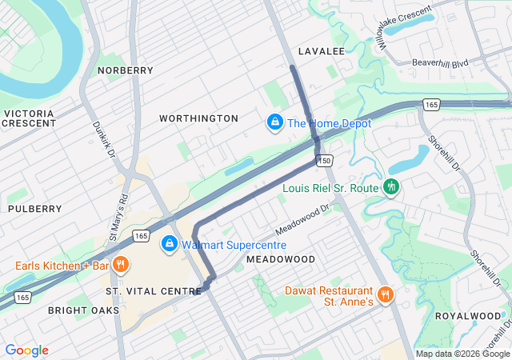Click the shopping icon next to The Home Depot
[x=274, y=122]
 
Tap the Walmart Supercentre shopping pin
[x=169, y=244]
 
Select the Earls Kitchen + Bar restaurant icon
[x=120, y=265]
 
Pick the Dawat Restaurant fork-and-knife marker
[x=385, y=295]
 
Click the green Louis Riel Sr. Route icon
[x=391, y=187]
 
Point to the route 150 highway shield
[x=324, y=161]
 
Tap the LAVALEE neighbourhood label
[x=321, y=51]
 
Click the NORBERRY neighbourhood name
[x=125, y=70]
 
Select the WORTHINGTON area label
[x=198, y=118]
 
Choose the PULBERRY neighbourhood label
[x=34, y=209]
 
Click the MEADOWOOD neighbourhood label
[x=281, y=260]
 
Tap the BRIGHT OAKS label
[x=83, y=310]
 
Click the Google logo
[x=27, y=350]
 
